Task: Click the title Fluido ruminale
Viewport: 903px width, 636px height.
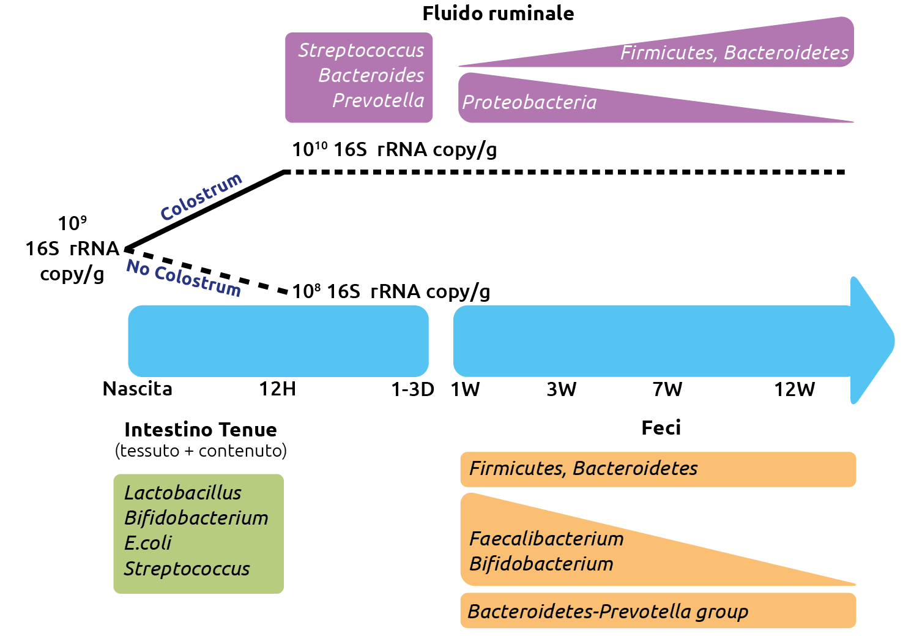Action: coord(498,13)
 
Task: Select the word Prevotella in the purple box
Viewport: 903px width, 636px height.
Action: coord(378,100)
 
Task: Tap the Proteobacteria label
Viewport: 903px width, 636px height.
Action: coord(529,102)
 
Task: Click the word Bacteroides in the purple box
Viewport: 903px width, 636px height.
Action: coord(371,75)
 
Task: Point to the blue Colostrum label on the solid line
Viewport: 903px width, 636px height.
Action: coord(201,197)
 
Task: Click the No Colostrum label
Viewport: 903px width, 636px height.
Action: coord(184,277)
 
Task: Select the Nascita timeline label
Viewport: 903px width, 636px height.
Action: coord(138,389)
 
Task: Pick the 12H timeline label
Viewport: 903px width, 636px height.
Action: coord(277,389)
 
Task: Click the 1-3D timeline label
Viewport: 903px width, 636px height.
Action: coord(412,389)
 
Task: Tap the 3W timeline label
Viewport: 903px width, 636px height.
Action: coord(561,389)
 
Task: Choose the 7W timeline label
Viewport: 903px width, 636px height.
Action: coord(667,389)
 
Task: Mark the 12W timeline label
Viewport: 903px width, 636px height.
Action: coord(794,389)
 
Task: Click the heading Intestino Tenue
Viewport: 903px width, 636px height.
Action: coord(200,430)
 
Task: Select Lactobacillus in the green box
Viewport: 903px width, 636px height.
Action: coord(182,493)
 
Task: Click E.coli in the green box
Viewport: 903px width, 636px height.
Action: coord(148,543)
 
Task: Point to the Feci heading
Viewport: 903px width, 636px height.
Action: coord(661,428)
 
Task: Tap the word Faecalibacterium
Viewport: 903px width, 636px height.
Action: coord(546,539)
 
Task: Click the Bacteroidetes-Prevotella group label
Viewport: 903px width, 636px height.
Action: coord(608,612)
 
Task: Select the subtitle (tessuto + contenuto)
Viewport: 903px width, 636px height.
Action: coord(201,451)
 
